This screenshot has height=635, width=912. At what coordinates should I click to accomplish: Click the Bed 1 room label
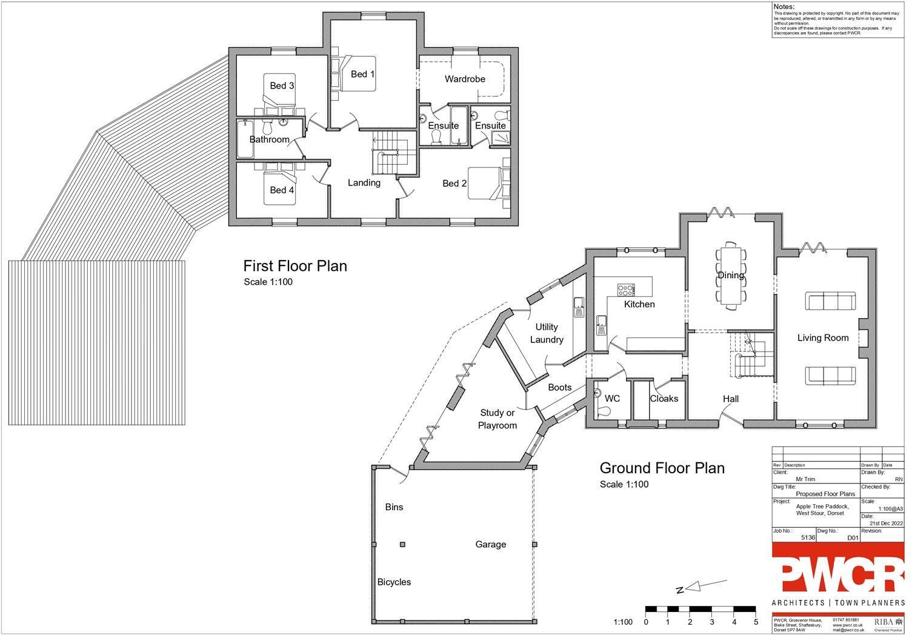pos(362,74)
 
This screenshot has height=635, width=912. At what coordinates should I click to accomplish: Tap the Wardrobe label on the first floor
pos(465,79)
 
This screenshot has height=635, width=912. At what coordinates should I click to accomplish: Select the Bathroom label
pos(269,139)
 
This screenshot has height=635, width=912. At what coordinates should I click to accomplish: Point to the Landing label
pos(364,182)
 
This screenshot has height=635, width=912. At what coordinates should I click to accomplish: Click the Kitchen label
pos(639,304)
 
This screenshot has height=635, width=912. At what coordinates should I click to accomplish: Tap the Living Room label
pos(822,338)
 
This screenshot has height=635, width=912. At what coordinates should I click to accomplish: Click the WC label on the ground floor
pos(612,399)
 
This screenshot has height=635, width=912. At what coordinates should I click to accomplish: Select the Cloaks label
pos(664,399)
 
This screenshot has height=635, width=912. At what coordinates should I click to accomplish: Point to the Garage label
pos(490,545)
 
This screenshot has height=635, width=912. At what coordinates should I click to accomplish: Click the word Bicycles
pos(394,582)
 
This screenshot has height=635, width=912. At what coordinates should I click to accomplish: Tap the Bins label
pos(394,507)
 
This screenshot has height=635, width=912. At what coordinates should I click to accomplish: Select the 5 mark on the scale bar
pos(756,622)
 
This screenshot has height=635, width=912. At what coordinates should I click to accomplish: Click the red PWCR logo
pos(838,568)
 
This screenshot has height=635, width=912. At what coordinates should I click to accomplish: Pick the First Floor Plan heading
pos(295,266)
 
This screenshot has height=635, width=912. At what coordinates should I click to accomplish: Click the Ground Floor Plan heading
pos(662,468)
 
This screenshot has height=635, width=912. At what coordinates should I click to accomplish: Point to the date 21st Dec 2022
pos(886,523)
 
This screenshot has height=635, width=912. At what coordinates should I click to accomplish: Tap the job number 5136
pos(808,537)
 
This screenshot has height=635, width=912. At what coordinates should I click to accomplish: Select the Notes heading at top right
pos(784,7)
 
